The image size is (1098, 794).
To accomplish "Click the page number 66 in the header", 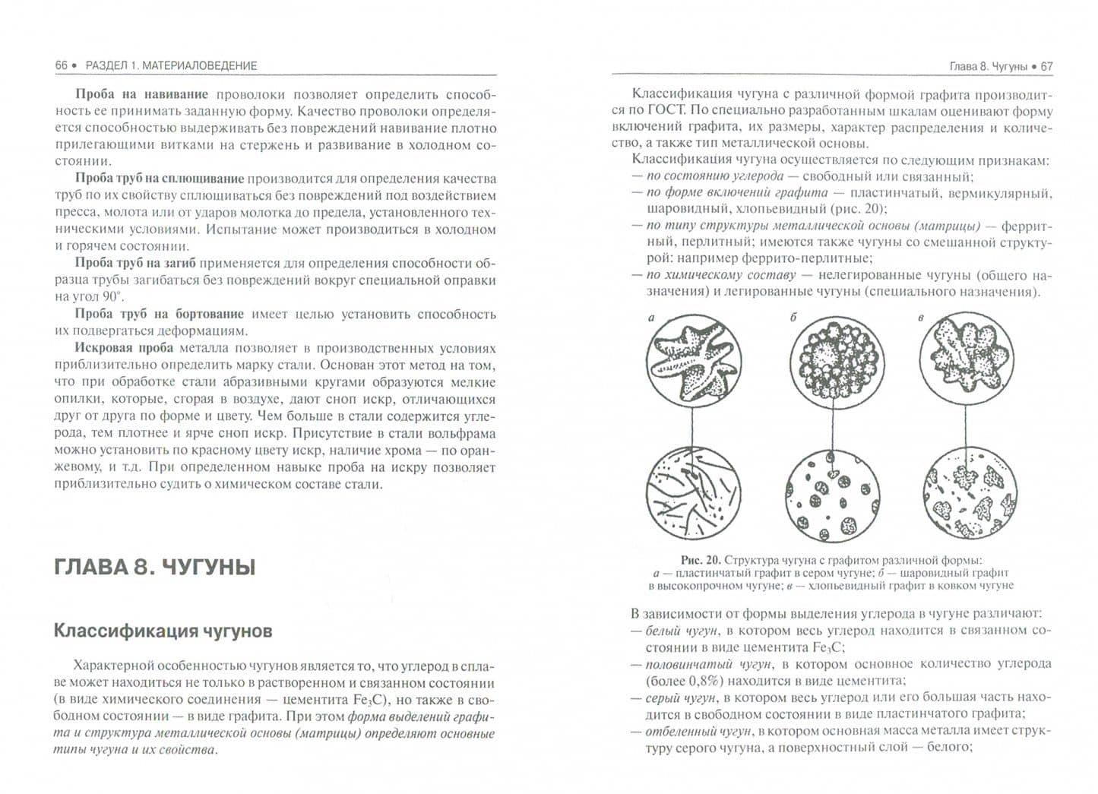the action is tap(61, 65).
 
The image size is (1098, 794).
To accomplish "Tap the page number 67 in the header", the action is tap(1046, 66).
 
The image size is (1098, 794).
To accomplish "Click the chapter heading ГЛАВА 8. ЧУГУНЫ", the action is tap(154, 567).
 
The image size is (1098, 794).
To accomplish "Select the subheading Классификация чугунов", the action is tap(163, 631).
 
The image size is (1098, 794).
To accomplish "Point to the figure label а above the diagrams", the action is tap(651, 318).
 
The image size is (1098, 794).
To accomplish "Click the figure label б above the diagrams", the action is tap(793, 317).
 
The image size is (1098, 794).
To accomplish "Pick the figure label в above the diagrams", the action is tap(920, 318).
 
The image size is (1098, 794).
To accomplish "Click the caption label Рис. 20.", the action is tap(700, 560).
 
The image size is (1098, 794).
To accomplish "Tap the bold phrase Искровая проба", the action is tap(124, 348).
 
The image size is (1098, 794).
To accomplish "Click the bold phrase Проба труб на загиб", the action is tap(135, 263).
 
